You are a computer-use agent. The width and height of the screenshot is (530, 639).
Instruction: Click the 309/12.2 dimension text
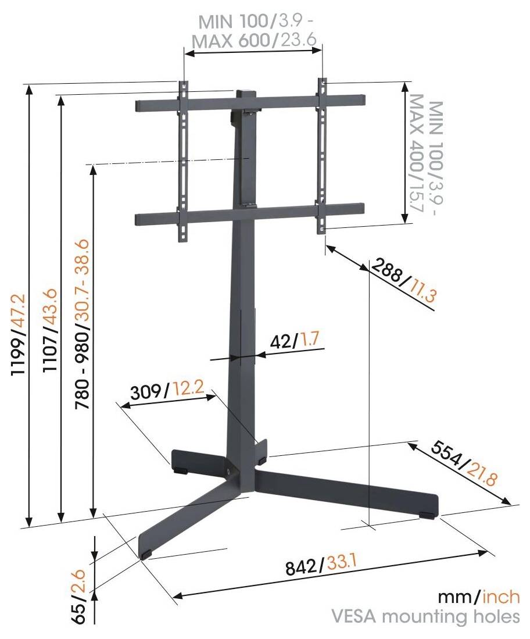[166, 391]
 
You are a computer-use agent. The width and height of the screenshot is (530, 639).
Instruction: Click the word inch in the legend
[499, 598]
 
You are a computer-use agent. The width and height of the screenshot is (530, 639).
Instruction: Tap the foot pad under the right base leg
[427, 515]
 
